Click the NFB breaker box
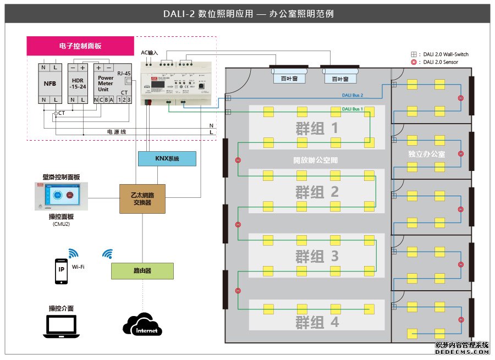tap(50, 84)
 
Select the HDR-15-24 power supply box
tap(78, 84)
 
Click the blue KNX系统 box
tap(167, 159)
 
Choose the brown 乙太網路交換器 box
tap(143, 198)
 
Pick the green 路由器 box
tap(142, 270)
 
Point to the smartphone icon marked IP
tap(61, 271)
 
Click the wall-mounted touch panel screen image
tap(61, 196)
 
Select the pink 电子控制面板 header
tap(80, 46)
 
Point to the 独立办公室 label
tap(427, 154)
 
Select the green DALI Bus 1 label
tap(353, 109)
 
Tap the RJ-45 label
tap(124, 73)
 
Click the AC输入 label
tap(150, 53)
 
